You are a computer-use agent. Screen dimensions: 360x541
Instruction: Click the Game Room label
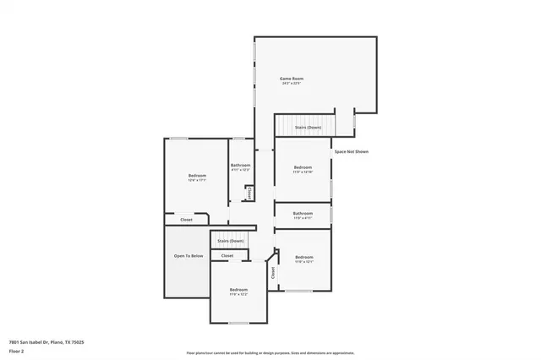pyautogui.click(x=292, y=79)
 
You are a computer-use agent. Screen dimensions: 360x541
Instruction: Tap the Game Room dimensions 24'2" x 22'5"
pyautogui.click(x=292, y=84)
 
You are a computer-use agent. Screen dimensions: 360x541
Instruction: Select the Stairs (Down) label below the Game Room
pyautogui.click(x=308, y=127)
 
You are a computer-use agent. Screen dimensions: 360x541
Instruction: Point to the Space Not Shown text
pyautogui.click(x=351, y=151)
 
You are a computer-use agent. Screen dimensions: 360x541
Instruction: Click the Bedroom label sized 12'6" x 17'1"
pyautogui.click(x=197, y=175)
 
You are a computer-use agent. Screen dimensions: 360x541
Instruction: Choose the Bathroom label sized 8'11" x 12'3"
pyautogui.click(x=240, y=165)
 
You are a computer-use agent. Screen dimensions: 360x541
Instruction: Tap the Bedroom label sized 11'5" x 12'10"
pyautogui.click(x=303, y=167)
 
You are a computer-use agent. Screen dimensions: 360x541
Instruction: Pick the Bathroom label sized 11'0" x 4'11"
pyautogui.click(x=303, y=213)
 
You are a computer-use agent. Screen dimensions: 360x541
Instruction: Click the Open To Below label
pyautogui.click(x=189, y=255)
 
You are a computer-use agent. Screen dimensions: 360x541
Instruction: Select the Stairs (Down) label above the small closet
pyautogui.click(x=231, y=241)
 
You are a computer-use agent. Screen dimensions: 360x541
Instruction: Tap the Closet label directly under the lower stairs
pyautogui.click(x=227, y=255)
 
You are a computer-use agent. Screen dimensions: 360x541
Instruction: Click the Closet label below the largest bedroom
pyautogui.click(x=186, y=220)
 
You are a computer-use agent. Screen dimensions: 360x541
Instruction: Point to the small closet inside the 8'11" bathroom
pyautogui.click(x=249, y=193)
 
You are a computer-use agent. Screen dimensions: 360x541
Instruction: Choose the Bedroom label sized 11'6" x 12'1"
pyautogui.click(x=303, y=257)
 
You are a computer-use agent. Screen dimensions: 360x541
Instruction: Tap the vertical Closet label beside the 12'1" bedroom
pyautogui.click(x=273, y=273)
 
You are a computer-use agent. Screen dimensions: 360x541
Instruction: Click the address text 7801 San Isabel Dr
pyautogui.click(x=46, y=341)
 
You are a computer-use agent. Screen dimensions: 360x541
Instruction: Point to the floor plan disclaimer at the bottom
pyautogui.click(x=270, y=352)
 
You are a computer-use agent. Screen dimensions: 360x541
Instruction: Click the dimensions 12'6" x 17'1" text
pyautogui.click(x=197, y=180)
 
